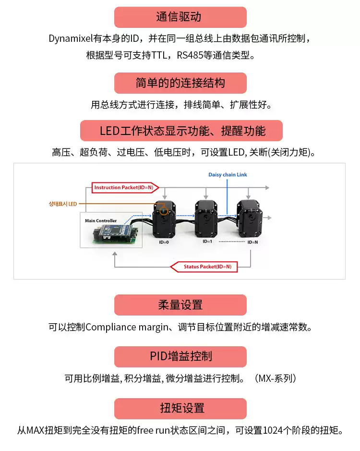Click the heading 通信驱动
pos(180,17)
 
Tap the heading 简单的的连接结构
pos(180,83)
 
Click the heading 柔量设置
pos(180,305)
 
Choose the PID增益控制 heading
pos(180,357)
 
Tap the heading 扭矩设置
pos(180,409)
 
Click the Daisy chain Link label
pos(228,175)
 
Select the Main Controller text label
pos(100,220)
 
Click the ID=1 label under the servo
pos(207,242)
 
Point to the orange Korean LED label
pos(63,204)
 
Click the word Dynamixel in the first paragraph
pos(71,38)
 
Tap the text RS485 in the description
pos(189,55)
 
